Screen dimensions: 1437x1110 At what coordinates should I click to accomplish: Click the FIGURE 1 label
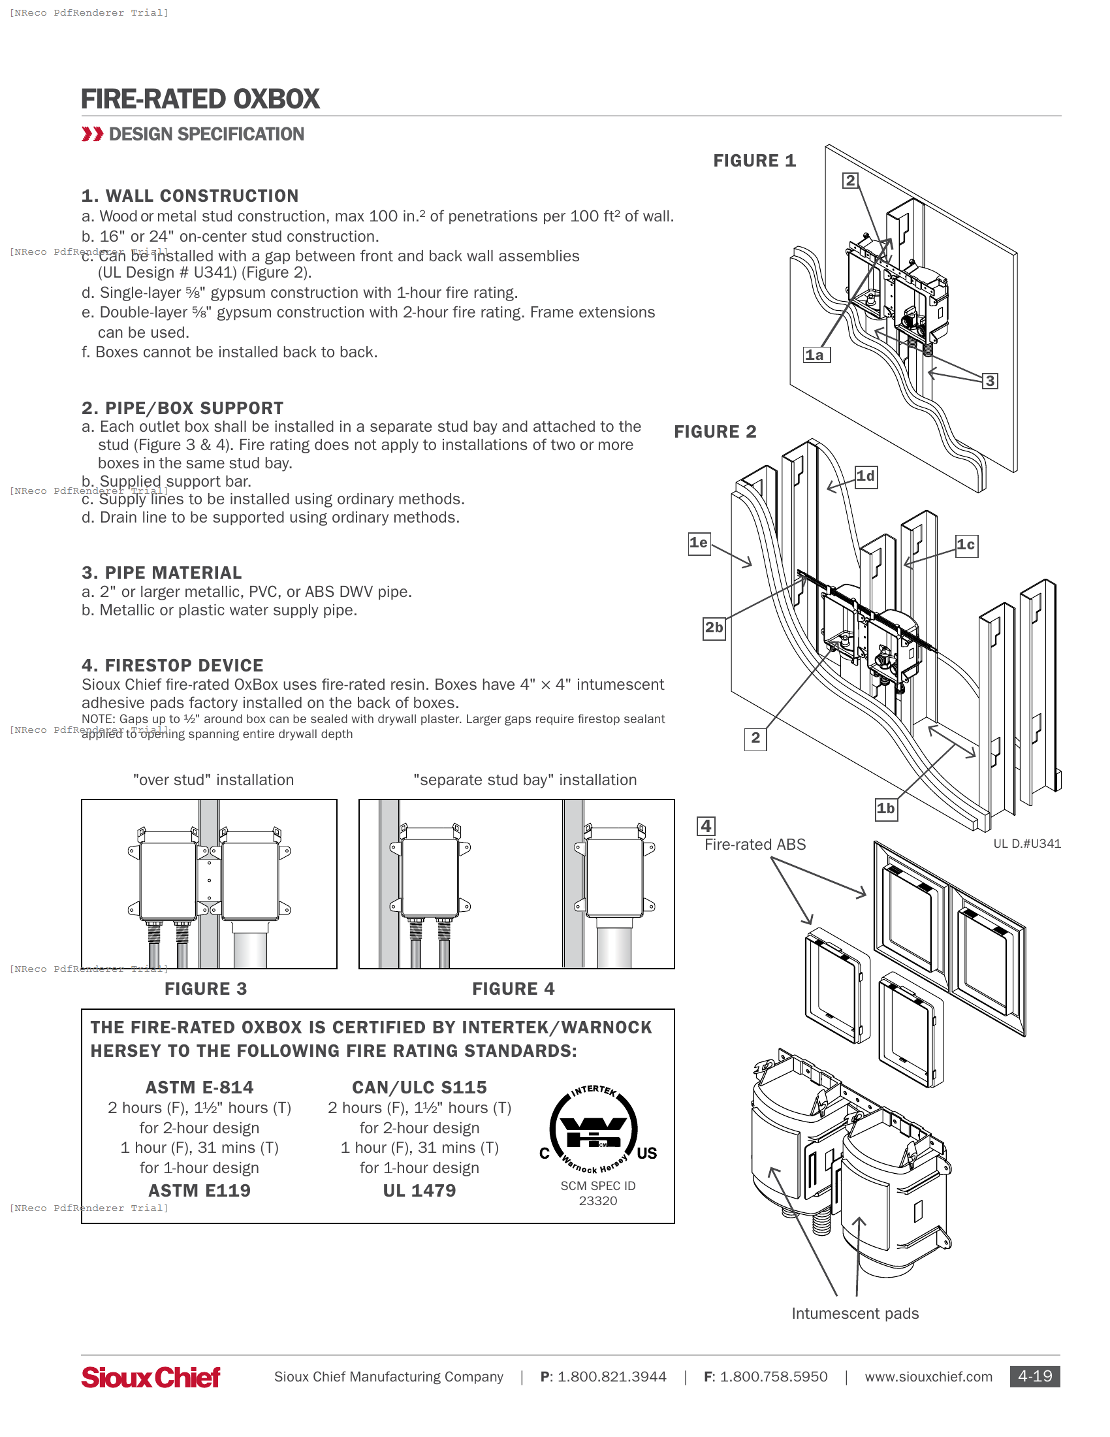pyautogui.click(x=754, y=161)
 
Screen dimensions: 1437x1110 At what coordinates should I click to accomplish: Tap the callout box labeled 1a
pyautogui.click(x=816, y=355)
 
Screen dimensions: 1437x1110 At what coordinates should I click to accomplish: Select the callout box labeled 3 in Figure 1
pyautogui.click(x=990, y=381)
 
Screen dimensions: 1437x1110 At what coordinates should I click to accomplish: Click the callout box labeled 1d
pyautogui.click(x=866, y=476)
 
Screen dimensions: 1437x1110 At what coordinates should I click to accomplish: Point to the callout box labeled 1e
pyautogui.click(x=699, y=543)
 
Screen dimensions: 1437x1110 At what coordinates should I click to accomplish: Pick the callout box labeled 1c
pyautogui.click(x=966, y=545)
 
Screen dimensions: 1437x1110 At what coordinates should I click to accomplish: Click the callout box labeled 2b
pyautogui.click(x=714, y=628)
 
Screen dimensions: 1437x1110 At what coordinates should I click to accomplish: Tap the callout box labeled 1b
pyautogui.click(x=886, y=809)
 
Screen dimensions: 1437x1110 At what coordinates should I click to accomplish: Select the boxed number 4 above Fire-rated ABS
pyautogui.click(x=706, y=826)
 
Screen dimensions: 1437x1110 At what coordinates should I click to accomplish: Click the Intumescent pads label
pyautogui.click(x=855, y=1314)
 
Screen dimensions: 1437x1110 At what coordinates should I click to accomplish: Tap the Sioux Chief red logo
pyautogui.click(x=151, y=1377)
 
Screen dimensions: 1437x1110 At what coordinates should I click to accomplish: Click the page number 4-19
pyautogui.click(x=1034, y=1376)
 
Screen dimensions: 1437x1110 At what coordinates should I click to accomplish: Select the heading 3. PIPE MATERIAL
pyautogui.click(x=162, y=573)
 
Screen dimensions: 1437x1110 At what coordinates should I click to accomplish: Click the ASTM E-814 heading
pyautogui.click(x=199, y=1088)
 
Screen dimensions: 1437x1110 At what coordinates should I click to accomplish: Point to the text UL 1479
pyautogui.click(x=420, y=1191)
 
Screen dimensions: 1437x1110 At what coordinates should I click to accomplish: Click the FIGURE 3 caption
pyautogui.click(x=206, y=989)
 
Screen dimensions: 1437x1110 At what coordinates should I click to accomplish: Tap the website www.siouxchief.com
pyautogui.click(x=928, y=1377)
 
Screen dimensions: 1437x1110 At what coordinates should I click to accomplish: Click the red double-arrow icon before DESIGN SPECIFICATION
pyautogui.click(x=92, y=134)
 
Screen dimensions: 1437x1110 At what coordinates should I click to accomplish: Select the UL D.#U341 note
pyautogui.click(x=1026, y=844)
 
